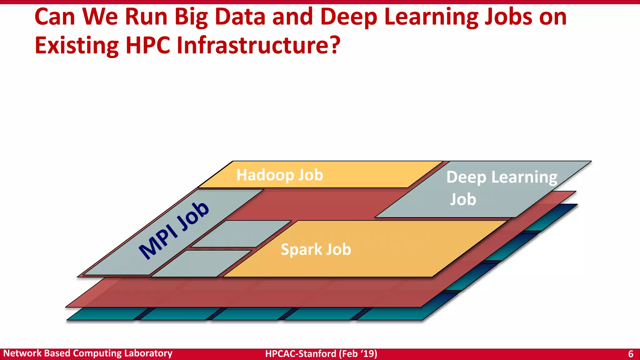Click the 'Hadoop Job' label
pyautogui.click(x=280, y=175)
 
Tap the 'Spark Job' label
pyautogui.click(x=316, y=249)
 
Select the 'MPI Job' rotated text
pyautogui.click(x=174, y=231)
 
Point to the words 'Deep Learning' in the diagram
pyautogui.click(x=502, y=177)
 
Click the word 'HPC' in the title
pyautogui.click(x=148, y=46)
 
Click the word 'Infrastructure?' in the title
pyautogui.click(x=258, y=46)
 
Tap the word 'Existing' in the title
pyautogui.click(x=77, y=46)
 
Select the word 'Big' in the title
pyautogui.click(x=191, y=17)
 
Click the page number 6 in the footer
pyautogui.click(x=631, y=354)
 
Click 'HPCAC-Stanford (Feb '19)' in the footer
pyautogui.click(x=321, y=354)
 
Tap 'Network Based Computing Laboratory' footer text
pyautogui.click(x=88, y=353)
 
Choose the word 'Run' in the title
pyautogui.click(x=146, y=17)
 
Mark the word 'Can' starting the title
pyautogui.click(x=55, y=17)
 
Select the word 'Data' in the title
pyautogui.click(x=240, y=17)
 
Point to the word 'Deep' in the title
pyautogui.click(x=349, y=17)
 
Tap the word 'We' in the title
pyautogui.click(x=100, y=17)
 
